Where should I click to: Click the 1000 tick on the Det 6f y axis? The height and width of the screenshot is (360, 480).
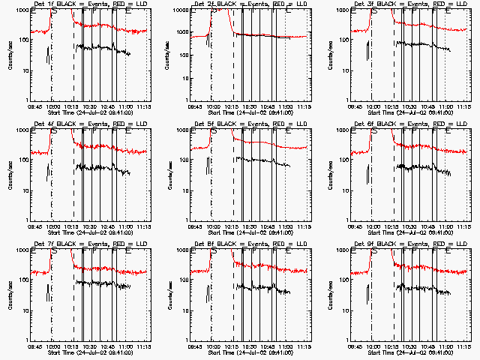[x=338, y=130]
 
